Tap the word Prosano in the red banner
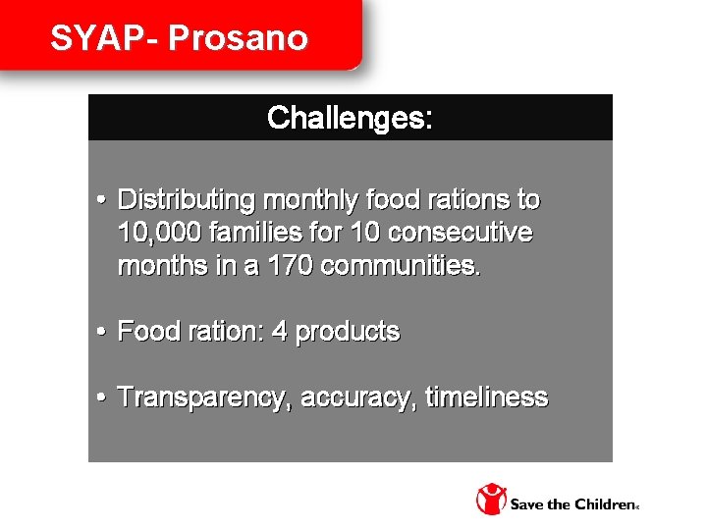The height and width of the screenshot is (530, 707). point(239,38)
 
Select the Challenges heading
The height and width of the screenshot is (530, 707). point(350,118)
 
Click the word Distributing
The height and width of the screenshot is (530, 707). point(186,200)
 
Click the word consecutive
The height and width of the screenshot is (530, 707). point(461,234)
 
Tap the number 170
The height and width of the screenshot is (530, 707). point(286,266)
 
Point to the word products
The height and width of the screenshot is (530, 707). point(348,332)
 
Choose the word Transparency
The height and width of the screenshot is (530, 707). point(205,397)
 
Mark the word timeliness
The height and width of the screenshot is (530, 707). point(486,397)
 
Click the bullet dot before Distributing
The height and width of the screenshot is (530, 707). point(102,201)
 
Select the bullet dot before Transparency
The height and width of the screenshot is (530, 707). point(102,398)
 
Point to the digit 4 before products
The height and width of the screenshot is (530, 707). point(279,332)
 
